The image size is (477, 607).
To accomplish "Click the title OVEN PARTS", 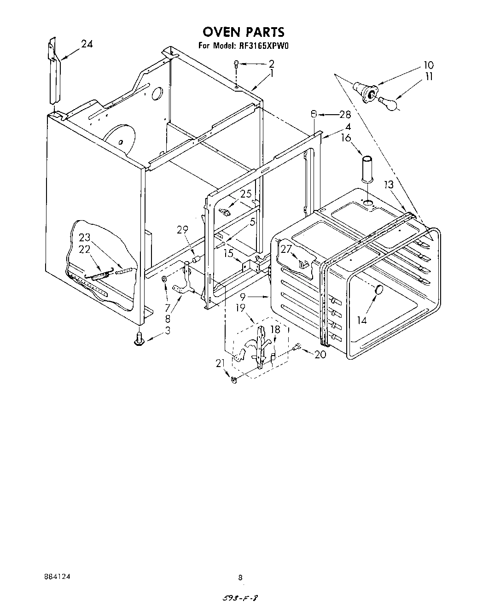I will point(244,32).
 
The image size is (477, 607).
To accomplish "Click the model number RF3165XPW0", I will point(264,46).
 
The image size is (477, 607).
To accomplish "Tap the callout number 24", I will point(87,44).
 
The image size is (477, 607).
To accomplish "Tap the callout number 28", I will point(345,115).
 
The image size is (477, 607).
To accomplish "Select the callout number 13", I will point(389,185).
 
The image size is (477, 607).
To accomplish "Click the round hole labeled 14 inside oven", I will point(379,290).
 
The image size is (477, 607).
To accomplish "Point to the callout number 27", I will point(286,249).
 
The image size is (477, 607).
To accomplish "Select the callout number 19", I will point(240,307).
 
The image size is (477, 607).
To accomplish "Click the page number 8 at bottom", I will point(240,577).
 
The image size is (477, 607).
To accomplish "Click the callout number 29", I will point(183,229).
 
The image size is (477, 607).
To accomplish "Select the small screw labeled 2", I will point(236,64).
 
